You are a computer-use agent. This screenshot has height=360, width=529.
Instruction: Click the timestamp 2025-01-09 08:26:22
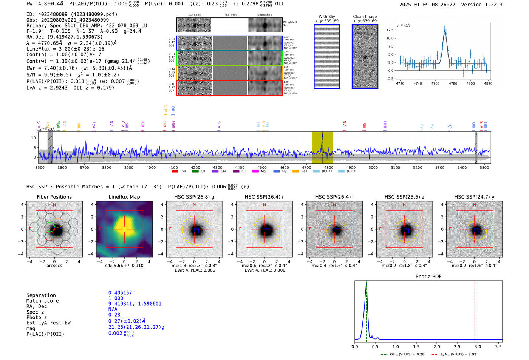(427, 5)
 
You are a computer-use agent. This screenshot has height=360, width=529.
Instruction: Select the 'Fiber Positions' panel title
(54, 197)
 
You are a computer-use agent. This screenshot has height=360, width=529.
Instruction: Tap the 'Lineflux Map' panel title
(124, 197)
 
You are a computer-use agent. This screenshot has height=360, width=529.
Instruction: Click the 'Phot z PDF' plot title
(428, 276)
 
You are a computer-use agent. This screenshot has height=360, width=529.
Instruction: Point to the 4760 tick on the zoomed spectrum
(435, 83)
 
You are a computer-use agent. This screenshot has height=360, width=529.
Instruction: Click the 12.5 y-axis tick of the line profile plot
(389, 30)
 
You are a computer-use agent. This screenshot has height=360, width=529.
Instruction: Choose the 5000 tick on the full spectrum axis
(373, 167)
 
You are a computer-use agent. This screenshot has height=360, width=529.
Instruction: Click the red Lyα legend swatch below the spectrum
(175, 172)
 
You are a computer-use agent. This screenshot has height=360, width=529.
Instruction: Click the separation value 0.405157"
(121, 293)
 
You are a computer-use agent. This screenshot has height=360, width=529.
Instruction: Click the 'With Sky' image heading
(327, 17)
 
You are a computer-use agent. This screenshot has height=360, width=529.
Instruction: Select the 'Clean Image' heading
(365, 17)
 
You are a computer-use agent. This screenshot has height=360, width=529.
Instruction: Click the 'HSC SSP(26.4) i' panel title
(334, 197)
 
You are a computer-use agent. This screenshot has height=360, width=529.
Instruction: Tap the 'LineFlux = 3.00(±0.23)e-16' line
(65, 49)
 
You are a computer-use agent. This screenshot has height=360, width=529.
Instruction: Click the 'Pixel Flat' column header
(230, 15)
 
